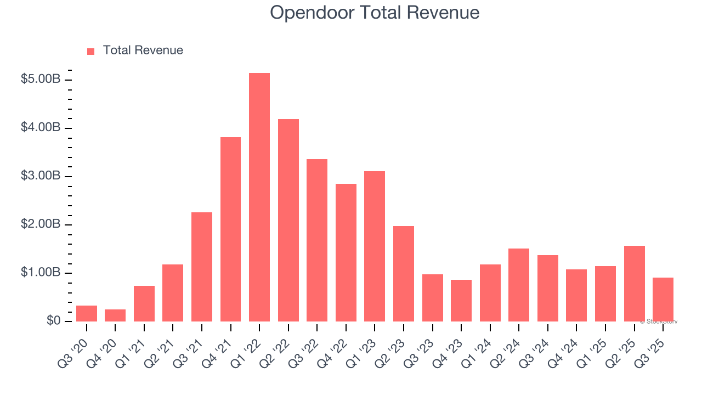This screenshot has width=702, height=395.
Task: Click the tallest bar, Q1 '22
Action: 259,198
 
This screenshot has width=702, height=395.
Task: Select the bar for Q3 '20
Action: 87,314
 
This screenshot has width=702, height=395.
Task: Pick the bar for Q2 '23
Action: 404,274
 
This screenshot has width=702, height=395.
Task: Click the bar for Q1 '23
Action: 375,246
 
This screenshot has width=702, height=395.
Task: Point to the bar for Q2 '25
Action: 634,284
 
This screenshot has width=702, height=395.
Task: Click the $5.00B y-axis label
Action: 41,80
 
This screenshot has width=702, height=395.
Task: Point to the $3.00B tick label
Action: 41,176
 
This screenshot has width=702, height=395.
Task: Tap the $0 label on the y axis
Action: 53,321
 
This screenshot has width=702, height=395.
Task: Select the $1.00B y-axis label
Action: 41,273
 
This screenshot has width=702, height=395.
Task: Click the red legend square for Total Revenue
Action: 91,51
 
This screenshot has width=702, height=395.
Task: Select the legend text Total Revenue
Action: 143,50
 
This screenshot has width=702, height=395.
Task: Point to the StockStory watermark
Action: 659,321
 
